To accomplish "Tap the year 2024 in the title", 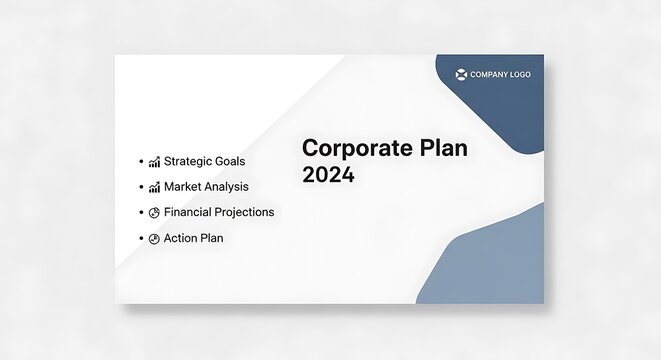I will pyautogui.click(x=328, y=176).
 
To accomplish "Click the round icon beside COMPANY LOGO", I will pyautogui.click(x=461, y=74).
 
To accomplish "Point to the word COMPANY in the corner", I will pyautogui.click(x=491, y=74).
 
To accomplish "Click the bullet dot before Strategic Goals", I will pyautogui.click(x=140, y=161).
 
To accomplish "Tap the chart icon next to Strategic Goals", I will pyautogui.click(x=154, y=161).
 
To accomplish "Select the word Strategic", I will pyautogui.click(x=189, y=161).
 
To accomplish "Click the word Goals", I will pyautogui.click(x=231, y=161).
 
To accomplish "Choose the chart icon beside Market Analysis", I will pyautogui.click(x=154, y=187).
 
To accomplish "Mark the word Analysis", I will pyautogui.click(x=228, y=187).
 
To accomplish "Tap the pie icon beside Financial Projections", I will pyautogui.click(x=154, y=213).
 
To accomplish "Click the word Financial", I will pyautogui.click(x=188, y=213).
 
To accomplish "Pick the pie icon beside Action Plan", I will pyautogui.click(x=154, y=239).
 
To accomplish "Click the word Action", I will pyautogui.click(x=181, y=239).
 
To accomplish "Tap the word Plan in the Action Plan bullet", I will pyautogui.click(x=213, y=239).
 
